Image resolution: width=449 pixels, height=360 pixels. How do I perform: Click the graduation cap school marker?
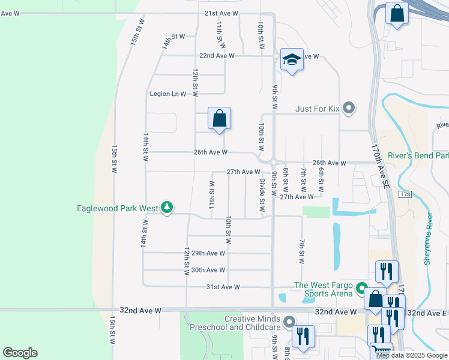pyautogui.click(x=292, y=59)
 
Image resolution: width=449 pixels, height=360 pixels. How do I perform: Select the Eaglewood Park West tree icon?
pyautogui.click(x=167, y=208)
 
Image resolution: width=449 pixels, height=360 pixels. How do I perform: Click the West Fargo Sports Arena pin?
pyautogui.click(x=361, y=289)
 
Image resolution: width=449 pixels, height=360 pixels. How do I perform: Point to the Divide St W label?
pyautogui.click(x=262, y=196)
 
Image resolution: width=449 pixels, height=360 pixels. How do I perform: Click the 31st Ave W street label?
pyautogui.click(x=223, y=287)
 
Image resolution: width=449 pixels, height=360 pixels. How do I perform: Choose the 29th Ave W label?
pyautogui.click(x=208, y=253)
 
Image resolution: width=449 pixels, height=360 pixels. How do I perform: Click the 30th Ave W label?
pyautogui.click(x=208, y=270)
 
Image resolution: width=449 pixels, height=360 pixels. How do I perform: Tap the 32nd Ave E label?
pyautogui.click(x=427, y=313)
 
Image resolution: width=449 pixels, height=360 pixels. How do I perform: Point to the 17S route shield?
pyautogui.click(x=405, y=194)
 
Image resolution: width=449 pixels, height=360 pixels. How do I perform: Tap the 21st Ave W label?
pyautogui.click(x=221, y=13)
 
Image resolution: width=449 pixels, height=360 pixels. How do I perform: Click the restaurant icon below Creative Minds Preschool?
pyautogui.click(x=304, y=337)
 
